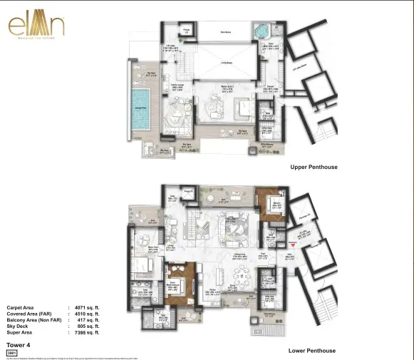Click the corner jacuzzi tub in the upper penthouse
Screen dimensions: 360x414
click(x=265, y=31)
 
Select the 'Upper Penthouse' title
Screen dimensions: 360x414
click(x=314, y=167)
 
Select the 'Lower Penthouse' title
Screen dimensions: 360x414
click(x=312, y=351)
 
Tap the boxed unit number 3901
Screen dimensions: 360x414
click(x=11, y=352)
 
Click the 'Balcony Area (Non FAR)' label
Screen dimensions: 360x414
click(x=33, y=319)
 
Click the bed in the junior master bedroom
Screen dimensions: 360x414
click(x=178, y=284)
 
